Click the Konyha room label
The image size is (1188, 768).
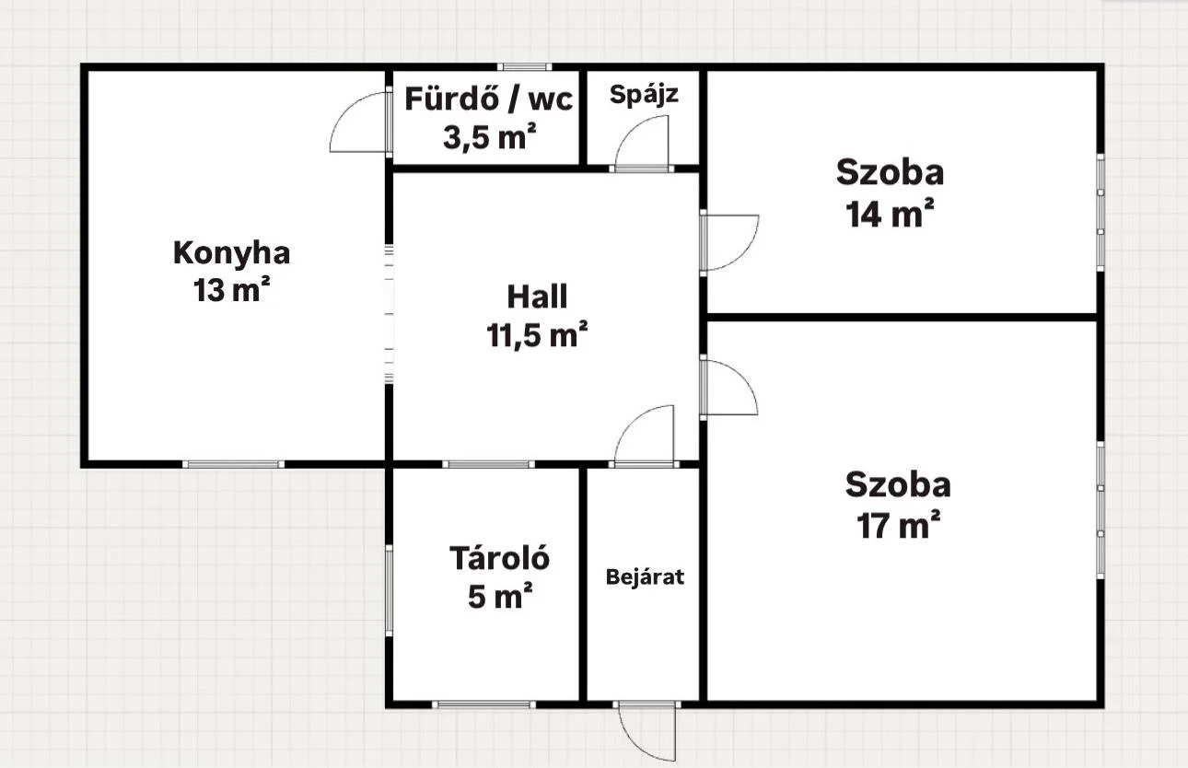(232, 254)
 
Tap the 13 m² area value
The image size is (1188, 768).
(232, 289)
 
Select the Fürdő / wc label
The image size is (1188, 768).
(488, 99)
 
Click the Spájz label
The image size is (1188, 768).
(644, 95)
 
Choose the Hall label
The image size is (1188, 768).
(537, 297)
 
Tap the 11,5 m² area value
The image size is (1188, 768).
(537, 334)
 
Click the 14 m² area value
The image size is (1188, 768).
(890, 214)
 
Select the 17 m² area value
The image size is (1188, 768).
(899, 525)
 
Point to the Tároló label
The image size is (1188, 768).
(499, 558)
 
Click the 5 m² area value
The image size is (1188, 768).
(500, 596)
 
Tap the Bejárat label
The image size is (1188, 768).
(645, 577)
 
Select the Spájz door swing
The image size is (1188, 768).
(642, 142)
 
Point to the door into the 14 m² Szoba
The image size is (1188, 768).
(729, 243)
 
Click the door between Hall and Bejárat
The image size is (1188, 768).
(645, 436)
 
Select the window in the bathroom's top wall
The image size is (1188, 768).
(525, 67)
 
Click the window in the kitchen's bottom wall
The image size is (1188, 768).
(233, 465)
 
